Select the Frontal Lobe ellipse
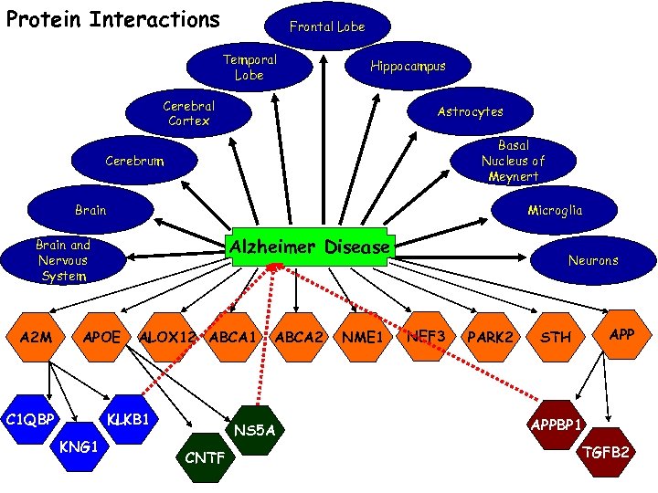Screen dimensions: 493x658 (x=327, y=26)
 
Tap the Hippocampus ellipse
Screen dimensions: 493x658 (x=408, y=66)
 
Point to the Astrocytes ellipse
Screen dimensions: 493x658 (x=470, y=111)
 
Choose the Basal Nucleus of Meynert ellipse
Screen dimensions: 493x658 (x=513, y=161)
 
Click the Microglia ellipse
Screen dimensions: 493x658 (x=554, y=210)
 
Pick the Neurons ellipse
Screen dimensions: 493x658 (x=592, y=260)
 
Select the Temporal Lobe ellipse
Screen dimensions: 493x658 (x=249, y=67)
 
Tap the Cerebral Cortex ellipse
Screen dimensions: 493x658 (x=188, y=112)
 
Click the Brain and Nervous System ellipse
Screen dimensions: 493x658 (x=62, y=260)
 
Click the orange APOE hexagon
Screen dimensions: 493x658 (x=101, y=337)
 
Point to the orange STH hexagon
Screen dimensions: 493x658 (x=556, y=338)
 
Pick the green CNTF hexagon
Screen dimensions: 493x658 (x=205, y=457)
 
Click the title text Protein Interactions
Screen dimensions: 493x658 (x=112, y=19)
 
